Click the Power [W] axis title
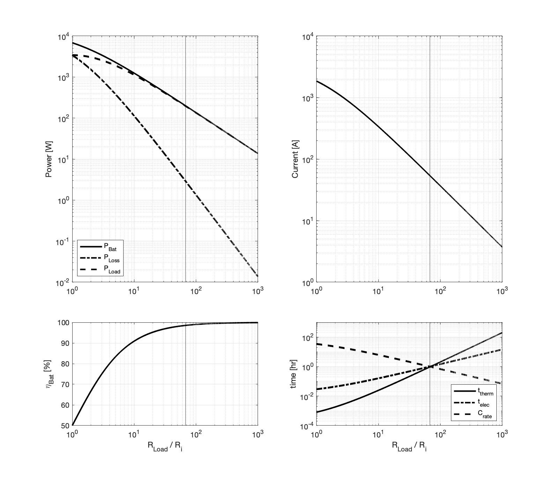[49, 160]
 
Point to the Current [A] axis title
[295, 160]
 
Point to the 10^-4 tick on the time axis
[308, 426]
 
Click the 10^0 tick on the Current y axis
[308, 282]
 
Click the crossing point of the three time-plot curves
[430, 366]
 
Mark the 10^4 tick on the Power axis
[64, 36]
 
